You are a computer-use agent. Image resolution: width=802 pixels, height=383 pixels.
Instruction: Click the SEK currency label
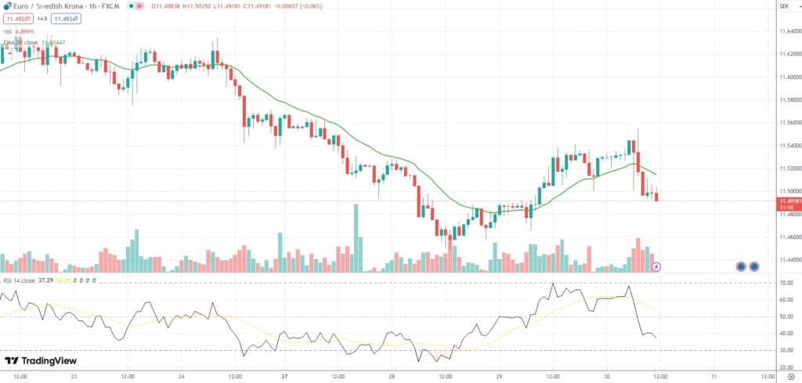[x=783, y=6]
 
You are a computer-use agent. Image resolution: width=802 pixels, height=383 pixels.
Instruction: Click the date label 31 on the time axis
[x=713, y=376]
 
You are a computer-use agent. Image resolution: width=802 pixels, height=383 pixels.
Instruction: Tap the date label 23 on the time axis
[x=73, y=376]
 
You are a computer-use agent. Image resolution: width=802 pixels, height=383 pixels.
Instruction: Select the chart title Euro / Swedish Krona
[x=47, y=6]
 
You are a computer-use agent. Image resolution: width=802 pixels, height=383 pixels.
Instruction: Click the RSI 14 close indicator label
[x=19, y=280]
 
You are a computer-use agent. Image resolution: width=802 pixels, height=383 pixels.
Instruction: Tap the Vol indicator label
[x=8, y=31]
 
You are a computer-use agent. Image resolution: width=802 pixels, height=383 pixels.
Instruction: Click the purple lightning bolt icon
[x=656, y=267]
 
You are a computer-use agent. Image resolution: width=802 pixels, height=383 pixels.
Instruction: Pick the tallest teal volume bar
[x=356, y=238]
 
